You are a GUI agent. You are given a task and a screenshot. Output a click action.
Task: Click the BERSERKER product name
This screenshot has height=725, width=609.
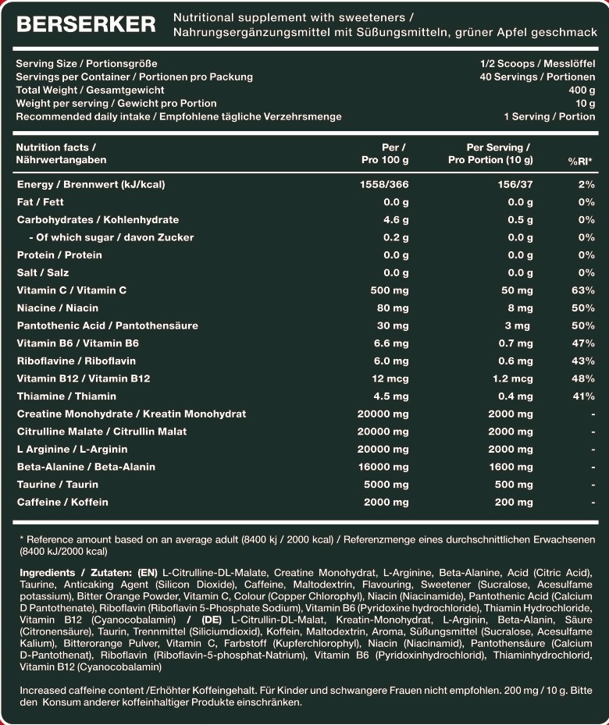(x=86, y=25)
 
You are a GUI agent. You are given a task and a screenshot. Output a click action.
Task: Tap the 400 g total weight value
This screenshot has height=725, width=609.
(x=582, y=90)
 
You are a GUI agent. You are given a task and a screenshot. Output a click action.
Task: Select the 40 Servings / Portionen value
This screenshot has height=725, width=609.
(x=537, y=76)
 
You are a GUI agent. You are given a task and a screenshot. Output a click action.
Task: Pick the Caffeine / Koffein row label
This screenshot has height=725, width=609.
(x=62, y=502)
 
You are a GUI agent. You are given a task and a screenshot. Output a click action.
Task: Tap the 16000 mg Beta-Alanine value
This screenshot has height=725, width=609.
(x=383, y=467)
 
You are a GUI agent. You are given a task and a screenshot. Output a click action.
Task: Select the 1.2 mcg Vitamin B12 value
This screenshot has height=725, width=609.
(x=511, y=378)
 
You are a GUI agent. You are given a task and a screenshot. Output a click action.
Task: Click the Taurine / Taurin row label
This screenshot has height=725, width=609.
(x=58, y=484)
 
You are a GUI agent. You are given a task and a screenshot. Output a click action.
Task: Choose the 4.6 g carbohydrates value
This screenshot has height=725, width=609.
(x=396, y=219)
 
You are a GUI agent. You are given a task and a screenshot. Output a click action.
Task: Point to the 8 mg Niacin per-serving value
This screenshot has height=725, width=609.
(x=520, y=307)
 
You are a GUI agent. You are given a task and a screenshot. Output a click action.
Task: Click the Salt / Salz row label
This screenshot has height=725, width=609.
(x=43, y=272)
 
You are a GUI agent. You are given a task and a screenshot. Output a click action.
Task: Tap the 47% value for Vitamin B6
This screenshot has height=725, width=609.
(x=583, y=343)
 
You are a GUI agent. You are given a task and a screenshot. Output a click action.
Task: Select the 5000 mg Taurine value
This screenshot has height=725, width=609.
(x=386, y=484)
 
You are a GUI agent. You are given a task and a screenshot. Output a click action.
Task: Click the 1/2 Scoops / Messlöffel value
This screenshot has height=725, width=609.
(x=538, y=63)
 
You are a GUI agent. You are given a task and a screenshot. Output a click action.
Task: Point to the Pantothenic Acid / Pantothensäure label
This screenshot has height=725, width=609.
(x=108, y=325)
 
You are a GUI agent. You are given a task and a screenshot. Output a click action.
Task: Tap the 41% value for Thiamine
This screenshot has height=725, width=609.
(x=583, y=396)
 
